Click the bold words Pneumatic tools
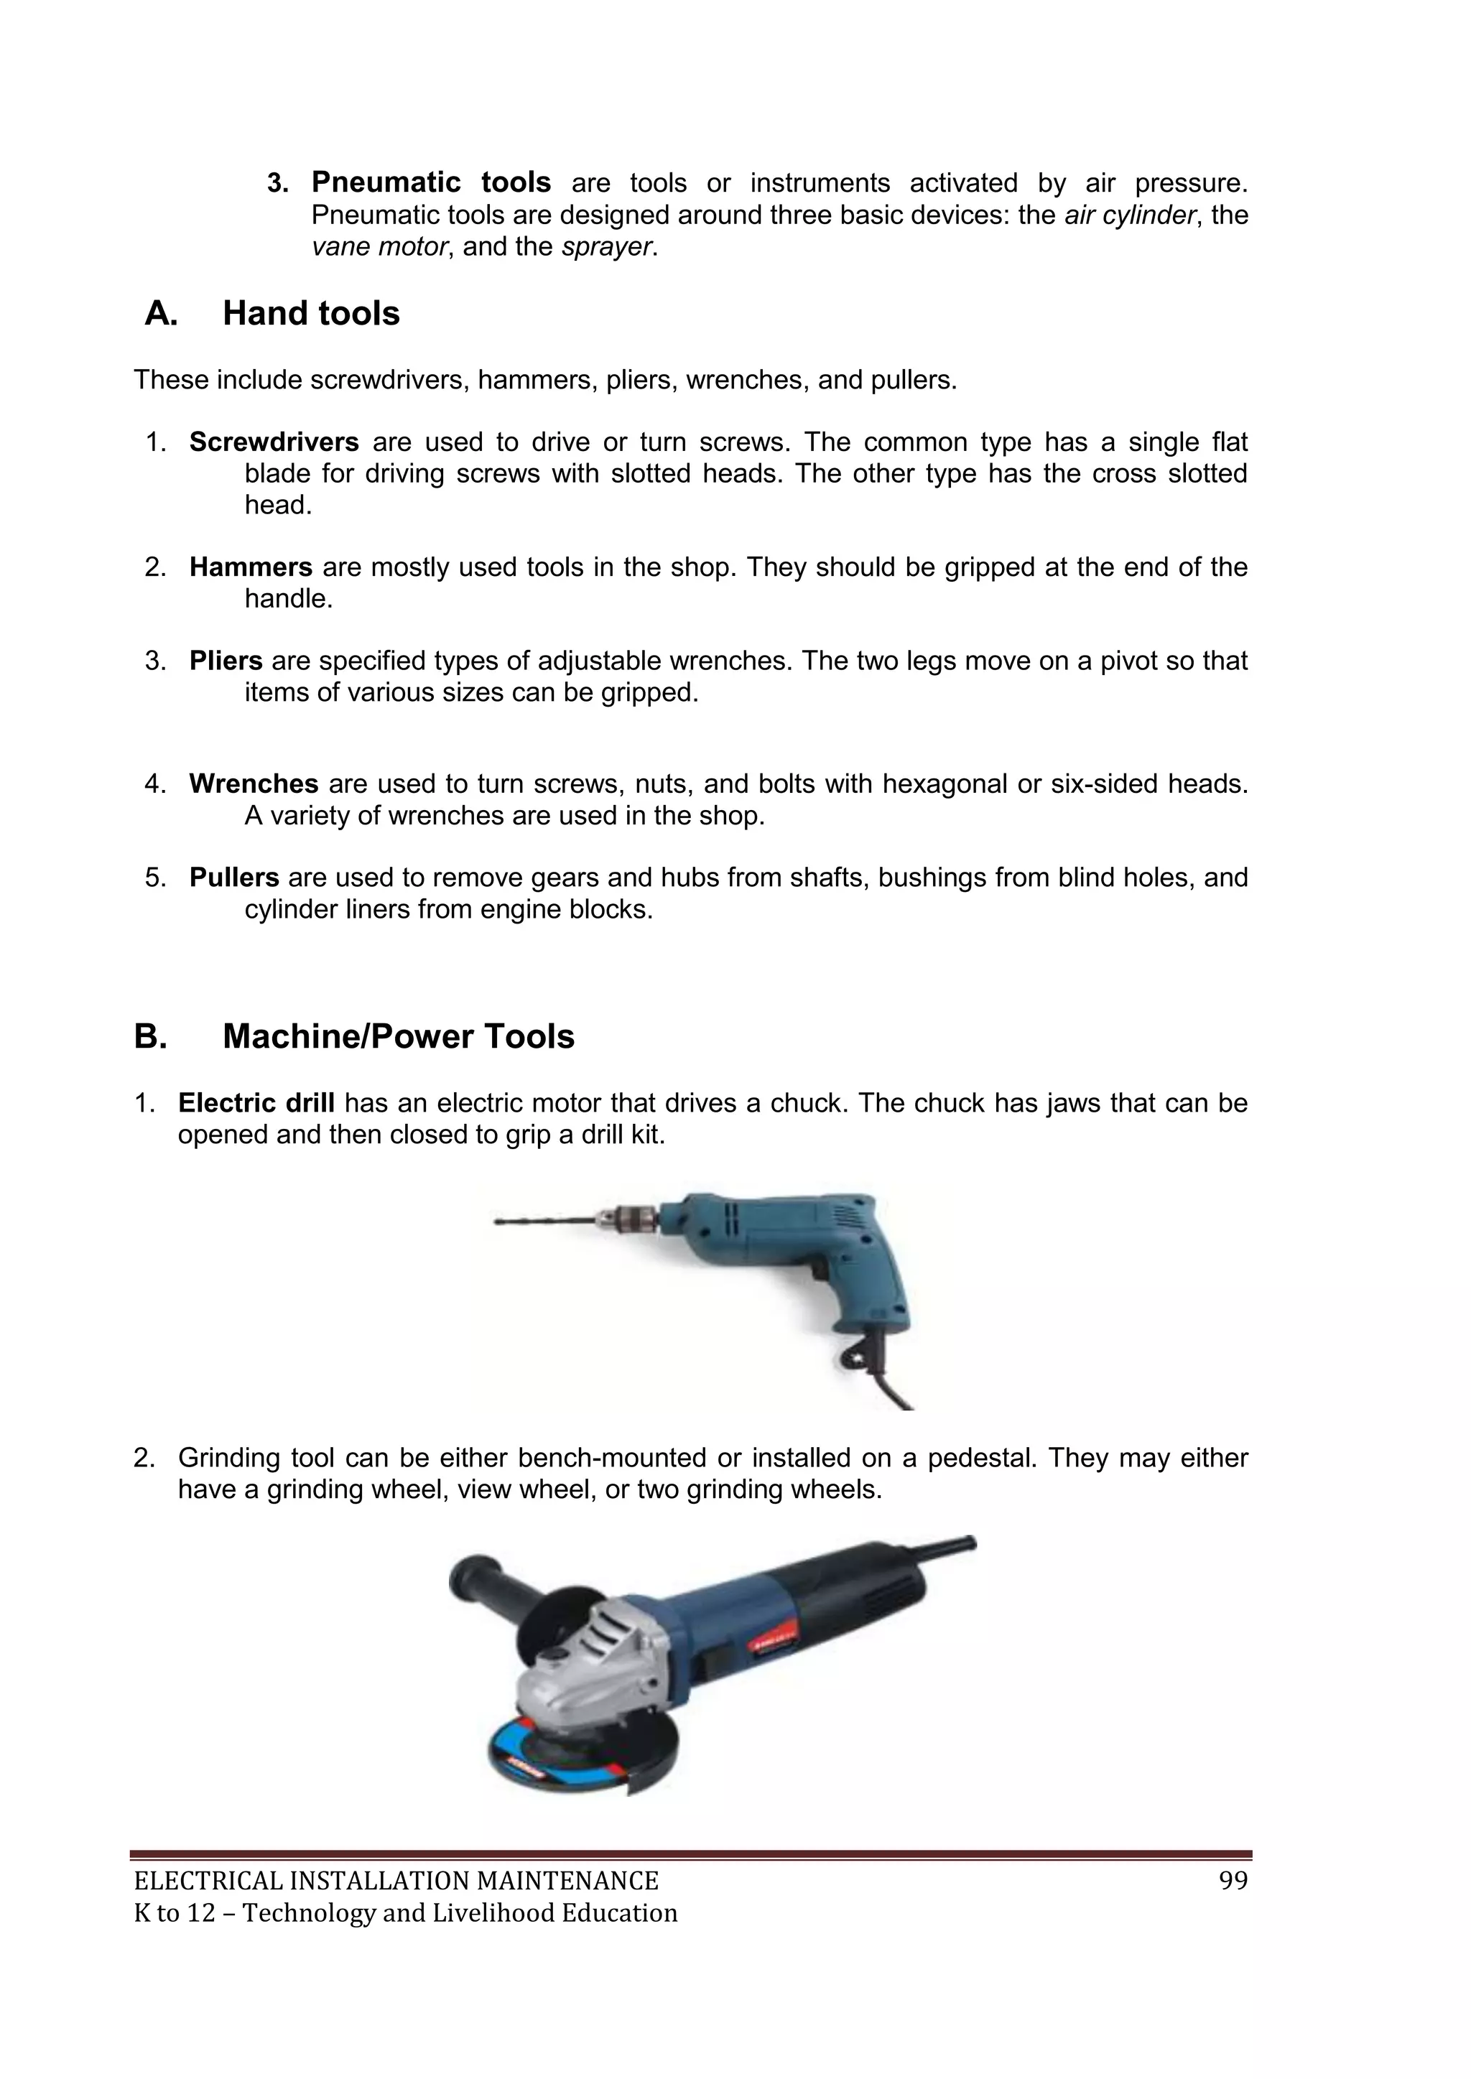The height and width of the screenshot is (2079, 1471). [430, 183]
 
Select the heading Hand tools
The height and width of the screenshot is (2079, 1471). [311, 313]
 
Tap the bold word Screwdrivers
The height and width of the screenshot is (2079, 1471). [274, 443]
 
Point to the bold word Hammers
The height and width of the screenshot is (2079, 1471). [250, 568]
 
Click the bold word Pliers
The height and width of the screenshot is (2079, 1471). [226, 661]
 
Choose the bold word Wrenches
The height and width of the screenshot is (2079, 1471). [254, 783]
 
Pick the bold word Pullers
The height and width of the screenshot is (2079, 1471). [233, 878]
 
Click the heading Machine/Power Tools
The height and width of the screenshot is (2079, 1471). [398, 1036]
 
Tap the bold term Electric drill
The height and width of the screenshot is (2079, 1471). [256, 1103]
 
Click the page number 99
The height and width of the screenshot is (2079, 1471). [1233, 1882]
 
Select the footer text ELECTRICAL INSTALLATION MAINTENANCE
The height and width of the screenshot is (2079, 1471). [396, 1882]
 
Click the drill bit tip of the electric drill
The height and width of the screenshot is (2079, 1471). [504, 1222]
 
